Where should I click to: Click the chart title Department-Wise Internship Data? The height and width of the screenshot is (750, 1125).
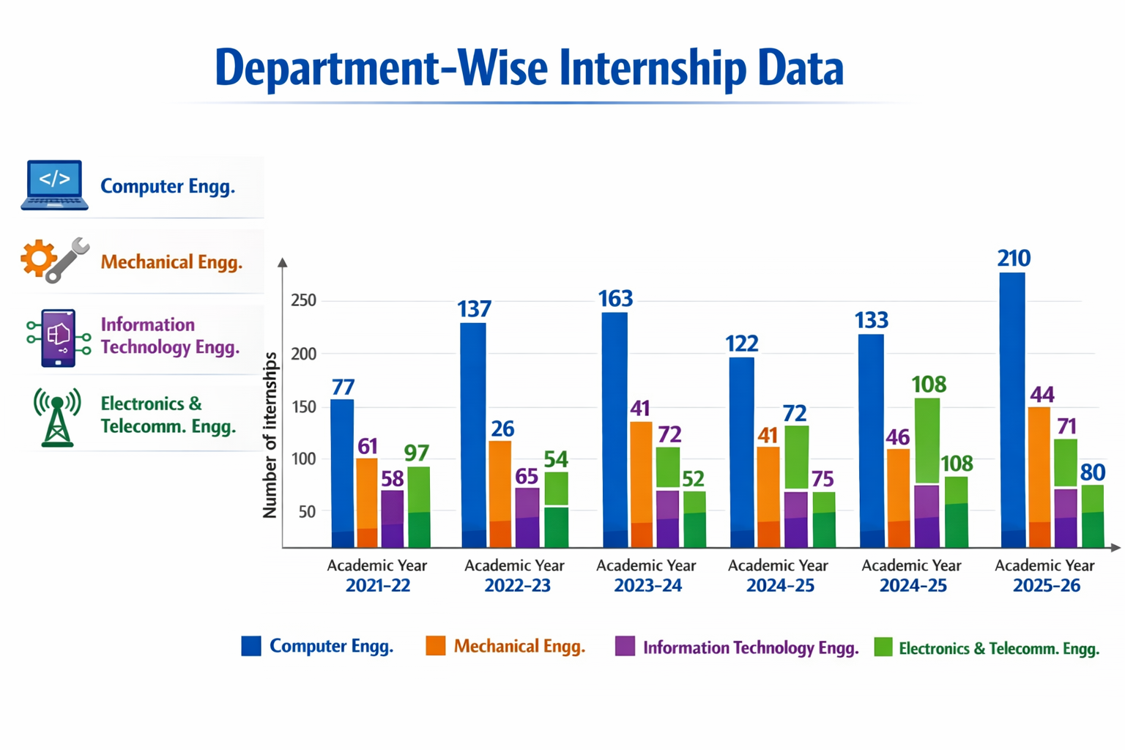[529, 68]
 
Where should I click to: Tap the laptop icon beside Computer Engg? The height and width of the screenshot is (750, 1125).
[55, 185]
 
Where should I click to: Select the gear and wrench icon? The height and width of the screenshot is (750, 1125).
[55, 260]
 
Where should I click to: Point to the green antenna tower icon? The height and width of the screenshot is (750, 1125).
[57, 417]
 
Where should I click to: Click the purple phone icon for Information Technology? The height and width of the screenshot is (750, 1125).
[59, 338]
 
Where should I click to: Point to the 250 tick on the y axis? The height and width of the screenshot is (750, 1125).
[303, 300]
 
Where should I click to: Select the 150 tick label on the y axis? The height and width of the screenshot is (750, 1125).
[303, 406]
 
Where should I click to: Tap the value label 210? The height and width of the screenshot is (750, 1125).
[1014, 258]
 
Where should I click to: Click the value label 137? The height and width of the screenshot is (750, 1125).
[474, 309]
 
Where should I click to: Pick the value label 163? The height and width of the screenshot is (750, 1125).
[615, 299]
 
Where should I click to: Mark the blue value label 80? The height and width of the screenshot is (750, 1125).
[1092, 472]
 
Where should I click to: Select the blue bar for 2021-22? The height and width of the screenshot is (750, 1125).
[342, 472]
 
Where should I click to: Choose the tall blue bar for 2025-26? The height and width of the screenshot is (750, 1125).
[1012, 410]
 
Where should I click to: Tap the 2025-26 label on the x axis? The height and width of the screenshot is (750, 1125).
[1046, 585]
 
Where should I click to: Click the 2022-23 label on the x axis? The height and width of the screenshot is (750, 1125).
[517, 585]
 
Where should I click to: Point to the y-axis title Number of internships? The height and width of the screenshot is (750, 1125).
[270, 435]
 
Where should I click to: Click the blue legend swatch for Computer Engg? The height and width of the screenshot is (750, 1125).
[251, 646]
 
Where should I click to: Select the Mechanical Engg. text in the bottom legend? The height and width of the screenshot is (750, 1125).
[519, 646]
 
